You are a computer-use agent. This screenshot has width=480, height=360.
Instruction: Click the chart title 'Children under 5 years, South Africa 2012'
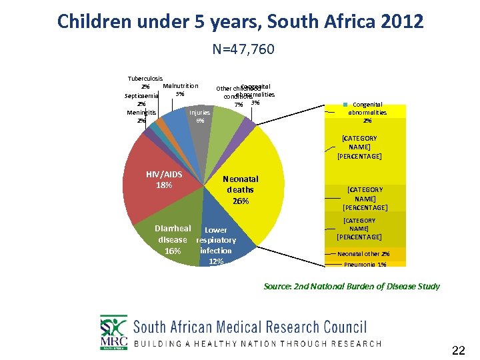pyautogui.click(x=240, y=21)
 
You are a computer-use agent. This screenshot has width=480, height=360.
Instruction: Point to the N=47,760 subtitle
pyautogui.click(x=243, y=49)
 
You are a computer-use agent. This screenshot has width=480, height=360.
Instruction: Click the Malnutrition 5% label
pyautogui.click(x=180, y=89)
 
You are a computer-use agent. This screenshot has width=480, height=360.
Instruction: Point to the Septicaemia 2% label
pyautogui.click(x=141, y=99)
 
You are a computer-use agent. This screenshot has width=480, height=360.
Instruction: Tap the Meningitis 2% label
pyautogui.click(x=141, y=117)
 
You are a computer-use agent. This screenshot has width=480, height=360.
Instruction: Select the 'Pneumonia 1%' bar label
pyautogui.click(x=365, y=265)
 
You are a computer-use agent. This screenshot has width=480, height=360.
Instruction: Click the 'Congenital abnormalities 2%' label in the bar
pyautogui.click(x=367, y=113)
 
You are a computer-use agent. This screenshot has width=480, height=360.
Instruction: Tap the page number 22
pyautogui.click(x=459, y=350)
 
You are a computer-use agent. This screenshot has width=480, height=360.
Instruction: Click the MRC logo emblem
pyautogui.click(x=113, y=332)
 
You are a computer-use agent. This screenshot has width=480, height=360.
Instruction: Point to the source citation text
pyautogui.click(x=351, y=286)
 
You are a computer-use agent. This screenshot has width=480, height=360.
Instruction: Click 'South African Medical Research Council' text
pyautogui.click(x=250, y=327)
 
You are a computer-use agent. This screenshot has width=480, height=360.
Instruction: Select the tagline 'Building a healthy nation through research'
pyautogui.click(x=257, y=344)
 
